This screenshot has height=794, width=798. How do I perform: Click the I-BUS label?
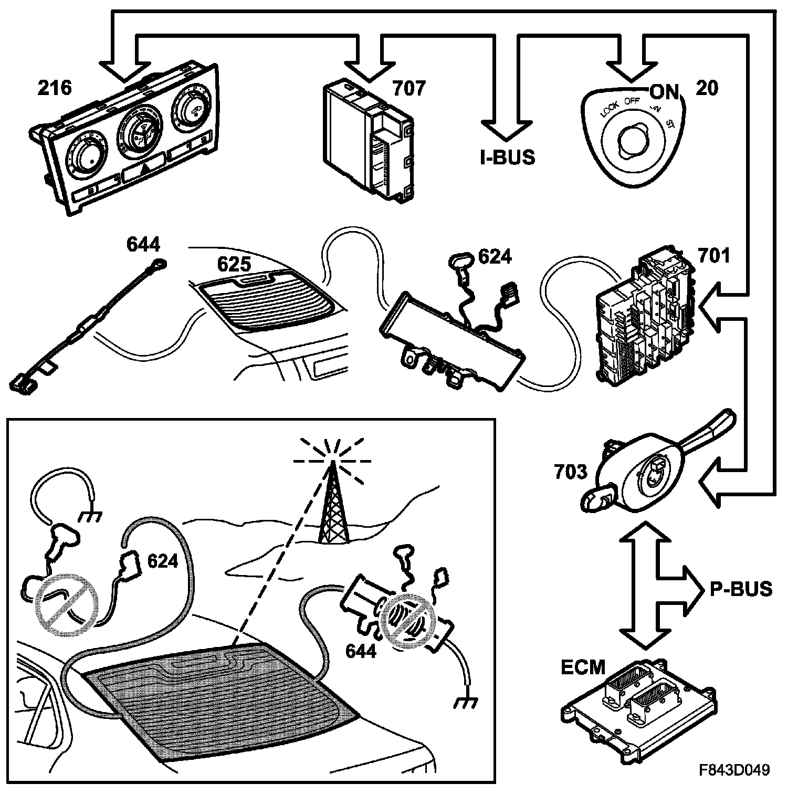click(508, 157)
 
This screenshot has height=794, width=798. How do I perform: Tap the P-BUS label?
click(741, 589)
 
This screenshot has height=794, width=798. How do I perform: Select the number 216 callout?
click(54, 88)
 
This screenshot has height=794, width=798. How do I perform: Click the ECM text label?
click(583, 667)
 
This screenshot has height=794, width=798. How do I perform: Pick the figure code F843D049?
click(734, 770)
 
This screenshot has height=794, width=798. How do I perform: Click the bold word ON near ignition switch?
click(664, 92)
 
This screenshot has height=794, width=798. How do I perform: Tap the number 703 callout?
click(571, 472)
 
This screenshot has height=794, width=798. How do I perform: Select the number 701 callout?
click(714, 256)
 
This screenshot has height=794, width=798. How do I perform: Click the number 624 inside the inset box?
click(163, 561)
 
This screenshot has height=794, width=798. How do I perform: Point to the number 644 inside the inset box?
click(361, 651)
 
